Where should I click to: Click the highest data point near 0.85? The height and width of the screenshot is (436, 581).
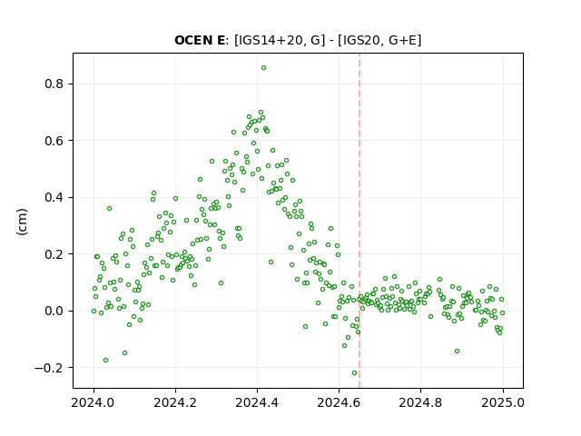(263, 68)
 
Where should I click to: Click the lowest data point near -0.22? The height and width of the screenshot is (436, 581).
(354, 373)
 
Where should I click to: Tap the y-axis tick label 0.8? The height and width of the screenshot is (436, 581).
(54, 84)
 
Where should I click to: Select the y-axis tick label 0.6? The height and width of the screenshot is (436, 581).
(54, 141)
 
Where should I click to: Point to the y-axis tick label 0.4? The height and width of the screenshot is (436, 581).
(54, 197)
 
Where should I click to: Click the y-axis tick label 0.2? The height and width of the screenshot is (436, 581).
(54, 254)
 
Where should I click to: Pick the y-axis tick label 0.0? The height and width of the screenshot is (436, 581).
(54, 311)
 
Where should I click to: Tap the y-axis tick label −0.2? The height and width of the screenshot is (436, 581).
(49, 368)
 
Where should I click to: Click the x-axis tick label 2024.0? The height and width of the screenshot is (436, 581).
(94, 402)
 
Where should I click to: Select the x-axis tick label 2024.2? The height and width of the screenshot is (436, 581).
(175, 402)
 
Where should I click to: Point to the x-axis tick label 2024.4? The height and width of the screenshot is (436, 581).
(257, 402)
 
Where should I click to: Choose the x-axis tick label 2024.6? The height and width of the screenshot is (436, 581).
(339, 402)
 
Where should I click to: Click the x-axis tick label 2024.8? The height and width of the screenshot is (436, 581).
(420, 402)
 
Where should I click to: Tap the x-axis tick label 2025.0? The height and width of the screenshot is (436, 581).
(503, 402)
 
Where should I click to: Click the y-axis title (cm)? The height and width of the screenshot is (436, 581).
(22, 222)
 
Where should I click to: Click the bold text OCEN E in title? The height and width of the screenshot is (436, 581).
(200, 40)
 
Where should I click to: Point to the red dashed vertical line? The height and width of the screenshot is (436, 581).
(359, 221)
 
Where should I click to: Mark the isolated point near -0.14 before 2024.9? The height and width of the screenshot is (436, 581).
(457, 352)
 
